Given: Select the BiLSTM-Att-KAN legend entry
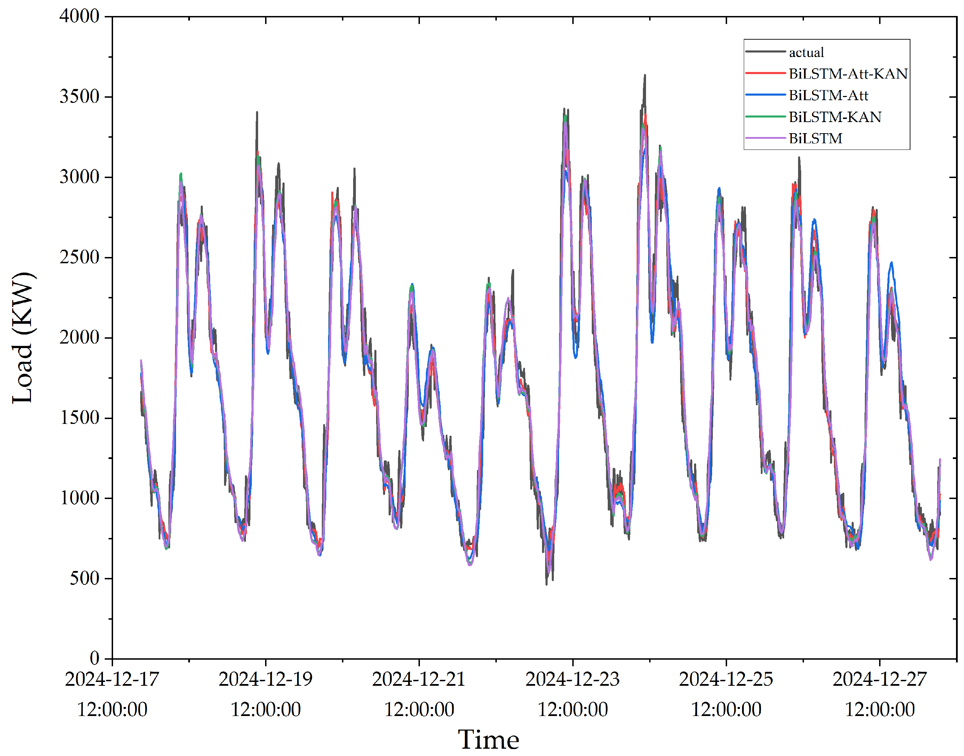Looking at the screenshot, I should click(847, 73).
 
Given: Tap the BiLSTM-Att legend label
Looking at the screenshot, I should click(828, 95).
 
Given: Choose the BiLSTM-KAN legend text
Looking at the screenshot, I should click(834, 117).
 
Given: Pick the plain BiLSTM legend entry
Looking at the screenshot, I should click(815, 138).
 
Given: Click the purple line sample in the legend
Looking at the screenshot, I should click(765, 138).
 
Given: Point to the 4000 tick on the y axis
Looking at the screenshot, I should click(79, 16).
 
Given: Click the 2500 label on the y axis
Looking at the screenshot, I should click(79, 257).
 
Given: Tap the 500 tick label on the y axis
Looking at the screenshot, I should click(84, 578).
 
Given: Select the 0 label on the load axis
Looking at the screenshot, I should click(94, 658).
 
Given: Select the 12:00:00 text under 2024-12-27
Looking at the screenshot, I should click(879, 709).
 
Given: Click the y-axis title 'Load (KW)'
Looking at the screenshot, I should click(22, 337).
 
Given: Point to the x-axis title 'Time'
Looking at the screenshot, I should click(488, 740).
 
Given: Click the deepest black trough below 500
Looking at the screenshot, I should click(547, 584).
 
